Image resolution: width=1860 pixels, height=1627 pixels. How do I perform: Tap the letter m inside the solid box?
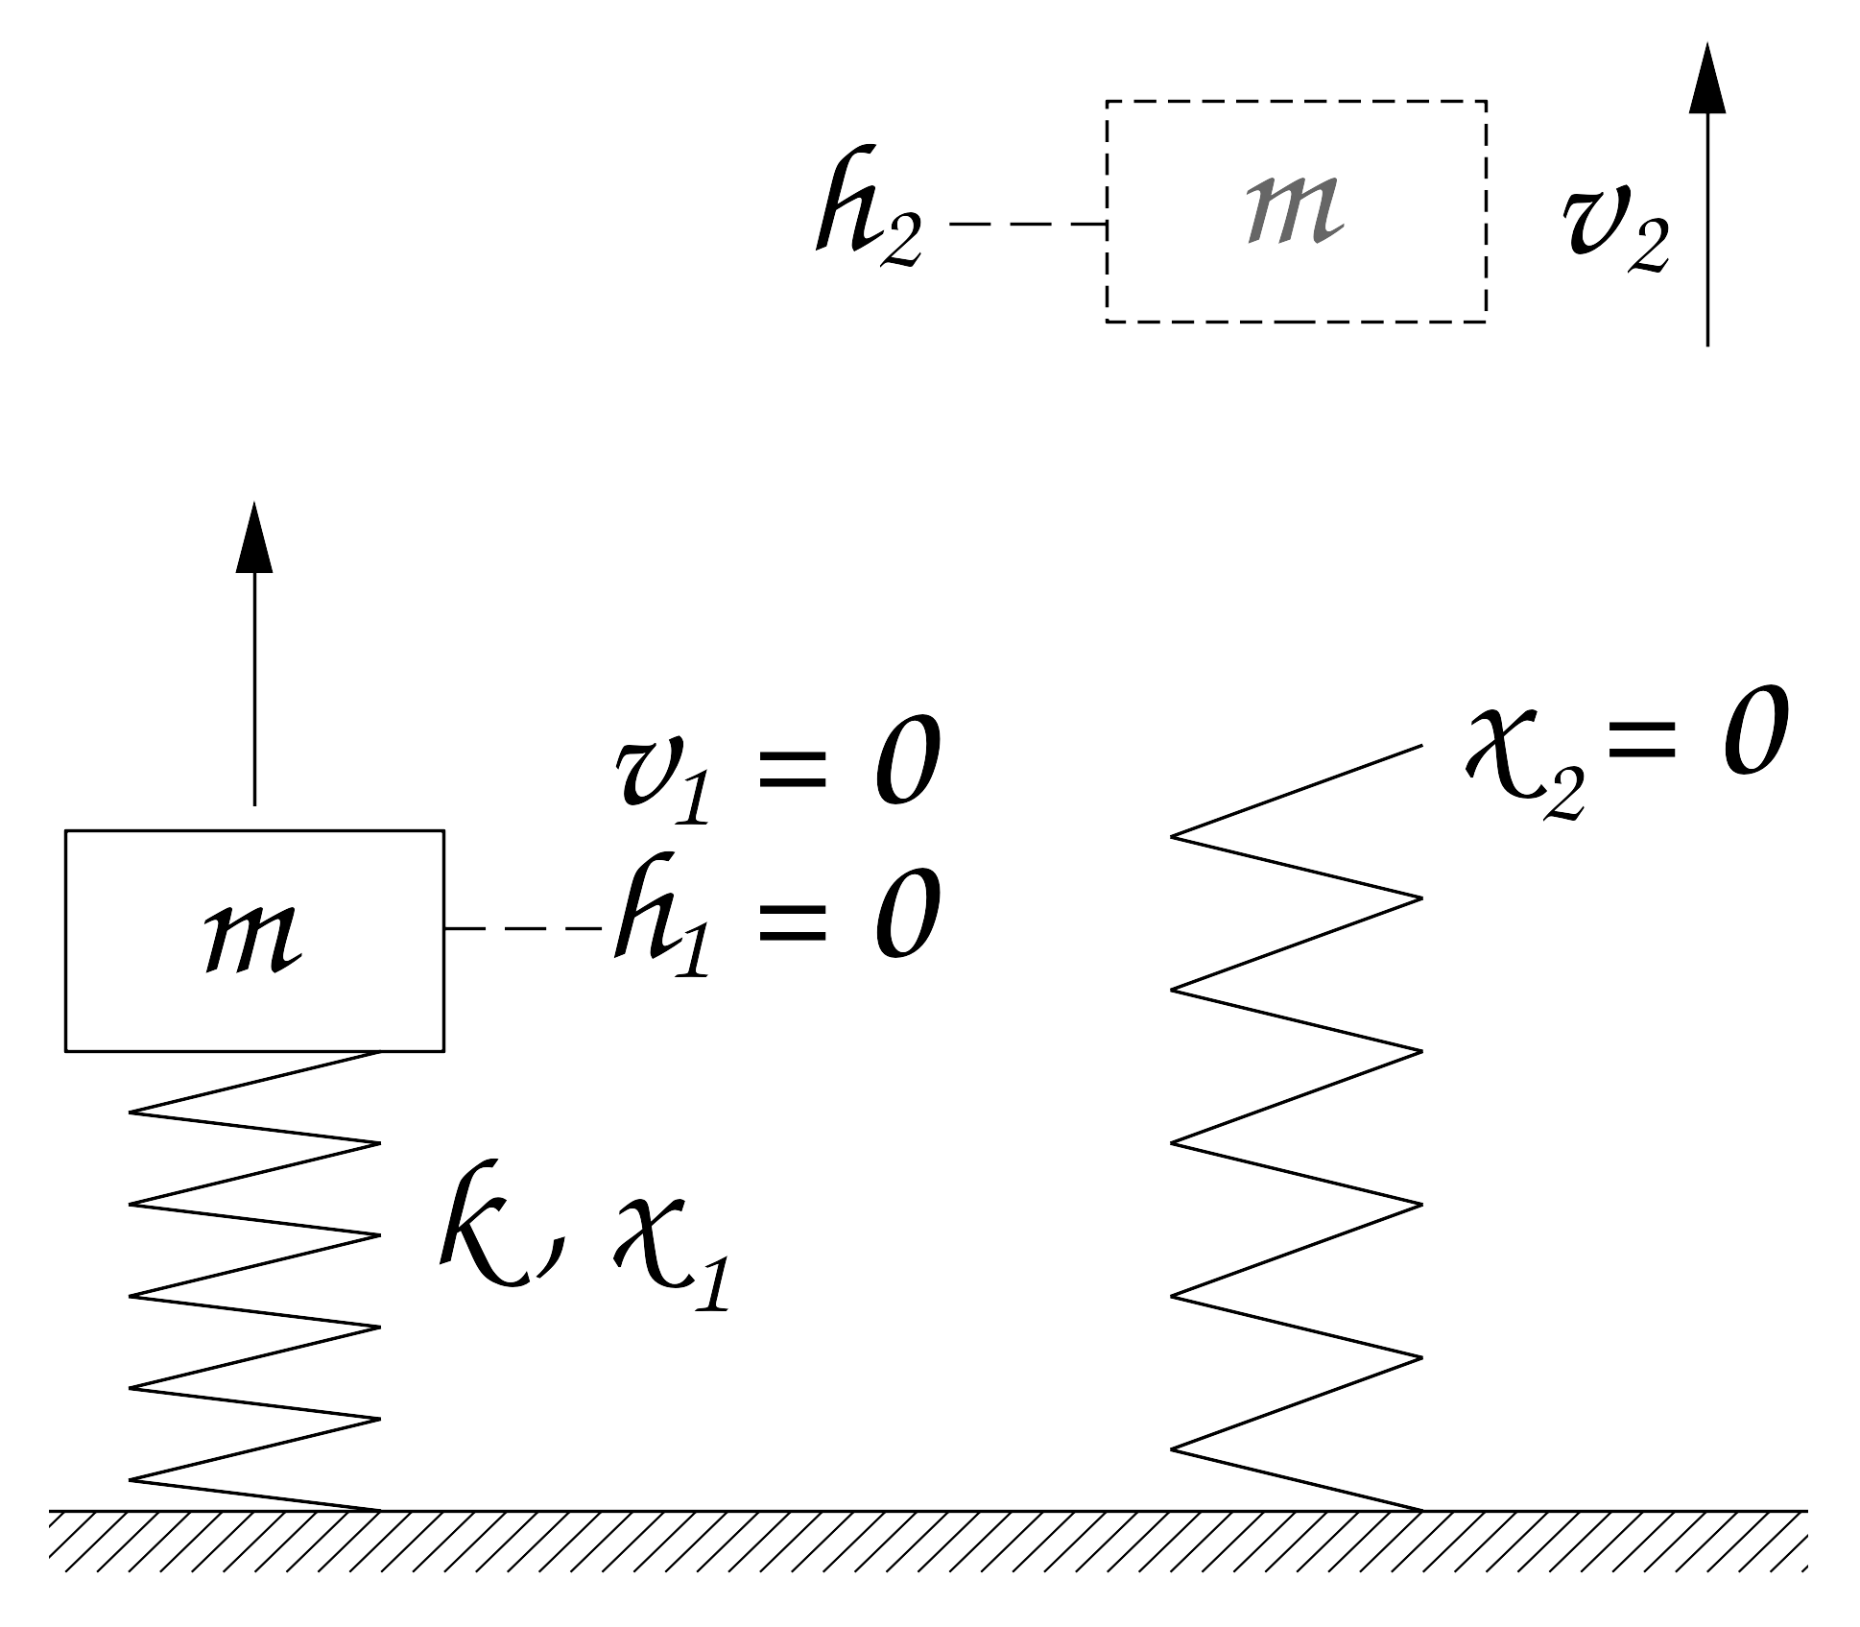253,940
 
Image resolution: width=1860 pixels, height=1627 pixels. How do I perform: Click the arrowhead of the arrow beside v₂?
1707,77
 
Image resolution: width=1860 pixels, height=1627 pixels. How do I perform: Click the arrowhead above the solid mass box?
254,537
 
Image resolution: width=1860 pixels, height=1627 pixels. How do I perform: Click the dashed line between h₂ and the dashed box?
1028,224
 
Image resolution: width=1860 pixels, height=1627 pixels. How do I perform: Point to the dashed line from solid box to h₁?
524,928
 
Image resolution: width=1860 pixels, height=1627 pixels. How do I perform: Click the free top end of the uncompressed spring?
1421,746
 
